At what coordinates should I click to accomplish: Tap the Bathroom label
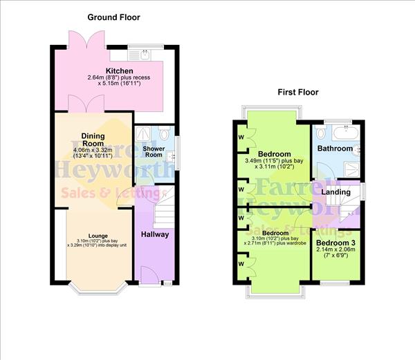(x=335, y=149)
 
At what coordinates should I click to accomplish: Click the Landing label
(x=337, y=191)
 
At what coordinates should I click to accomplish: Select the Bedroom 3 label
(x=337, y=243)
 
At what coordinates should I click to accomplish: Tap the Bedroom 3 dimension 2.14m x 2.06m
(x=337, y=252)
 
